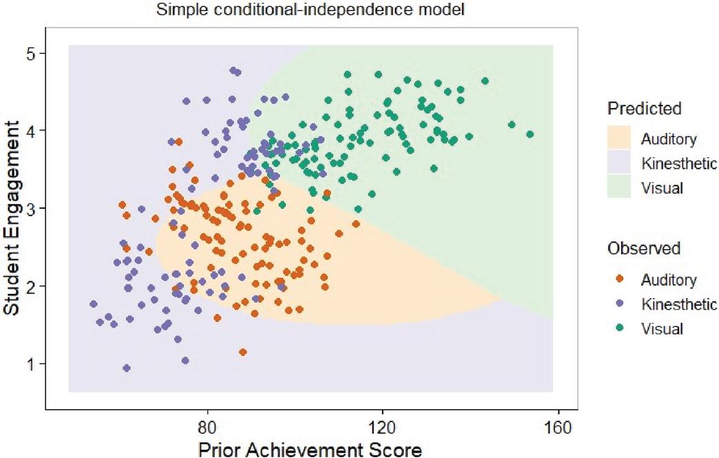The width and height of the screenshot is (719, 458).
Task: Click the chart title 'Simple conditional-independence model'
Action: point(310,10)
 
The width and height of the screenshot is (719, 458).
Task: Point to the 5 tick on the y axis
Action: point(43,53)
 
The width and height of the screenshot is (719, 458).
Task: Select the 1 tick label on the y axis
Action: point(31,364)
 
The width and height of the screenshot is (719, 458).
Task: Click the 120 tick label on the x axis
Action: point(383,427)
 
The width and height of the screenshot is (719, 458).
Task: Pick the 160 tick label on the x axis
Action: point(558,427)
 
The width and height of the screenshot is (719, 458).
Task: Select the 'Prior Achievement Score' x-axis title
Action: point(310,449)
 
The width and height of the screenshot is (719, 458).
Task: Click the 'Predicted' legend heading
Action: point(645,109)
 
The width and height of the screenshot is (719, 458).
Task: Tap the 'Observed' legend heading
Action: point(644,248)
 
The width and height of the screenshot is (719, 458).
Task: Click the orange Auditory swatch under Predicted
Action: point(619,138)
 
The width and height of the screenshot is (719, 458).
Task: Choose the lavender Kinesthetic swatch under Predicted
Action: point(619,163)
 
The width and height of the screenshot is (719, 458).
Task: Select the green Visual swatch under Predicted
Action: point(619,187)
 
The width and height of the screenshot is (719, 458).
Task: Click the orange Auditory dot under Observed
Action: point(619,279)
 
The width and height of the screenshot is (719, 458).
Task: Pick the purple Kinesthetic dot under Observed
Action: point(619,303)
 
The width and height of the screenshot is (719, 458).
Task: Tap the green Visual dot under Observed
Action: point(619,328)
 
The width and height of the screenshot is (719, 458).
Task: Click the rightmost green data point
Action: point(529,135)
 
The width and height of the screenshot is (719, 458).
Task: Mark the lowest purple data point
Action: point(127,368)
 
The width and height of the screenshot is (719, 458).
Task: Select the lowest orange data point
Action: point(243,352)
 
